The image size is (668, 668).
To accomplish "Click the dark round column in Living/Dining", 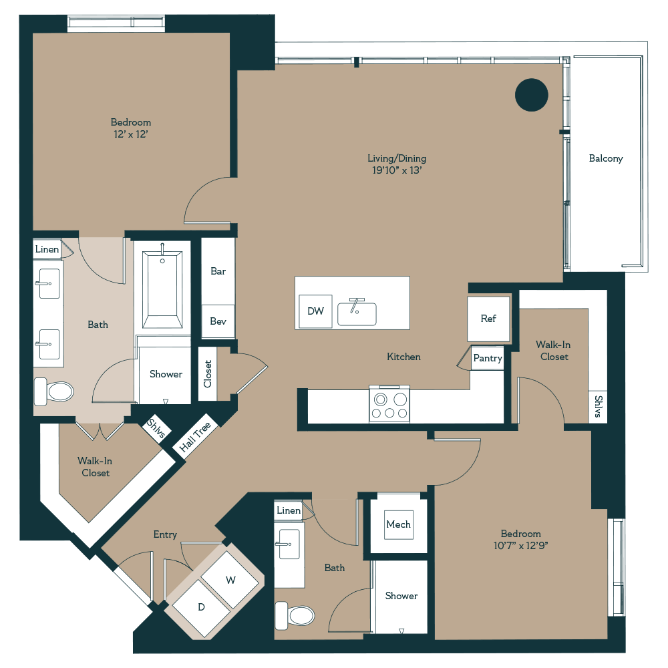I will click(532, 95).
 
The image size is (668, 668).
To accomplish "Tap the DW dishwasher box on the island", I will click(315, 311).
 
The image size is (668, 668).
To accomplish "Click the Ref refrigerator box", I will click(489, 319).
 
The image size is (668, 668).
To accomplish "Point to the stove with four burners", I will click(390, 405).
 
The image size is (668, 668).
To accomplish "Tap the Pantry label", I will click(488, 358).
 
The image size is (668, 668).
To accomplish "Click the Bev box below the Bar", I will click(218, 321).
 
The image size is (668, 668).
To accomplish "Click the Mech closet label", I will click(399, 524).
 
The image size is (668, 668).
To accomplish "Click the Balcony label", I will click(606, 158).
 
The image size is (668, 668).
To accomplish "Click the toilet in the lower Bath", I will click(295, 615).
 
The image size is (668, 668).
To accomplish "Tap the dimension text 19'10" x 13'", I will click(397, 170).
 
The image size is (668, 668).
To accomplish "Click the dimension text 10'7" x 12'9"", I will click(521, 545).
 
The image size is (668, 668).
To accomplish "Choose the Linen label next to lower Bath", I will click(289, 511).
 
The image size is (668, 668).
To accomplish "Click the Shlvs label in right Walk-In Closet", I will click(598, 405).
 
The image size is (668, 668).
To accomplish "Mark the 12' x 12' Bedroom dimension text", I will click(131, 134).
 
